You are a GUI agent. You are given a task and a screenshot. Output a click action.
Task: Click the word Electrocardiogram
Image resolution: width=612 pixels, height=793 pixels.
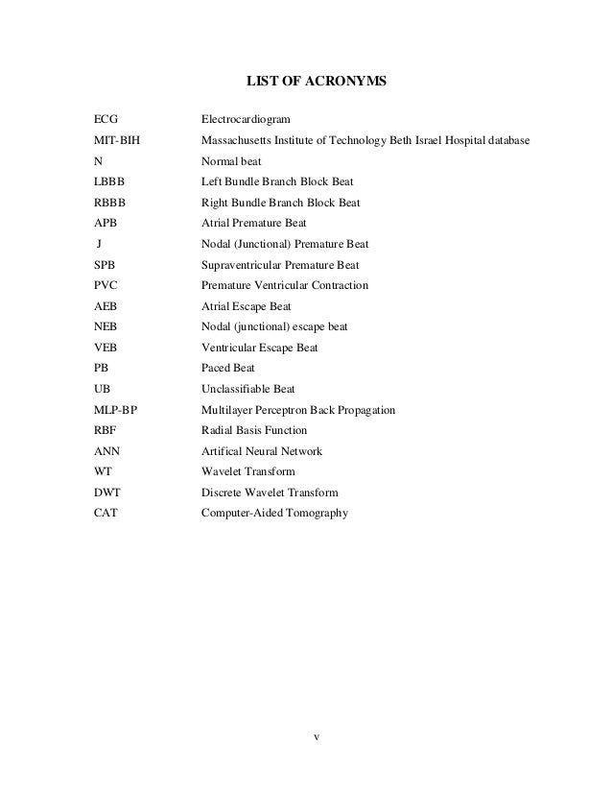click(x=245, y=120)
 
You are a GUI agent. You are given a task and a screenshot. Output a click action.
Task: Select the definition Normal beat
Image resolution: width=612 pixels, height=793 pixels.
click(x=231, y=161)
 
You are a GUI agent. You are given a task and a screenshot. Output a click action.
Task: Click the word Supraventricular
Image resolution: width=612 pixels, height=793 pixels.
click(x=245, y=265)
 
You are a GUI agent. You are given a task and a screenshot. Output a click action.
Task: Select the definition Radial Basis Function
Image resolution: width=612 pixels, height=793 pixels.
click(x=254, y=430)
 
